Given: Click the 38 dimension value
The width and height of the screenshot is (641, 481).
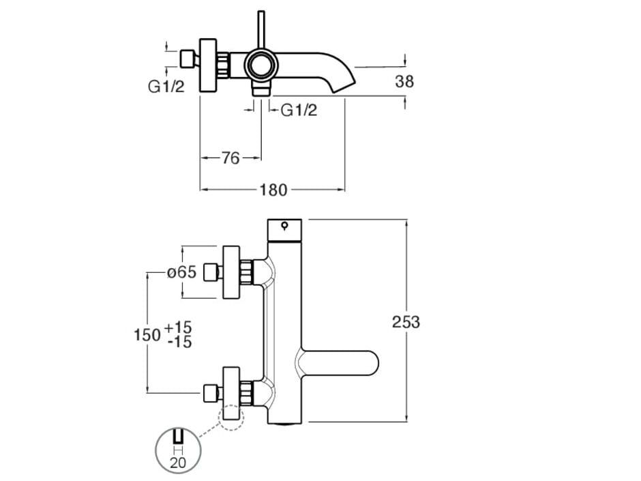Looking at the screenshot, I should tap(404, 82).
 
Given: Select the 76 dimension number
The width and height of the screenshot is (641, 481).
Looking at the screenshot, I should tap(230, 158).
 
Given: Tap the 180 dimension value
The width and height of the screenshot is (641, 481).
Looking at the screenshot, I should tap(273, 190).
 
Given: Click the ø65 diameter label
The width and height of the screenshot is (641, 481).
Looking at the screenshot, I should tap(182, 273).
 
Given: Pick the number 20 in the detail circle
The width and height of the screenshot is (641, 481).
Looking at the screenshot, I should tap(178, 462).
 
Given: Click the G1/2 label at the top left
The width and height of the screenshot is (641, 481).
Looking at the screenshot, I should tap(166, 87).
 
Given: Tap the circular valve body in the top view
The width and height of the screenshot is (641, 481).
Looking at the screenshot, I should tap(260, 65).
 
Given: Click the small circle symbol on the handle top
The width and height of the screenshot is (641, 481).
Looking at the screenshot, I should tap(284, 227).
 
